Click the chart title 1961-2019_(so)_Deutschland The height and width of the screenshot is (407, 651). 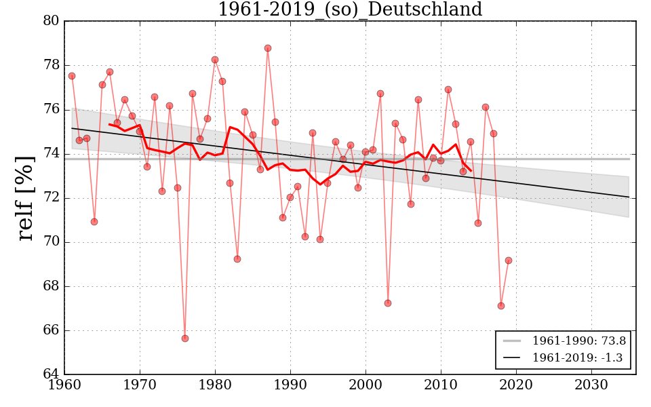point(350,10)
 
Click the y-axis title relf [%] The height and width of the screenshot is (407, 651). point(25,197)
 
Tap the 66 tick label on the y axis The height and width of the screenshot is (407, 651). point(50,330)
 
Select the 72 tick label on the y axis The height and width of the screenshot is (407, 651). point(50,198)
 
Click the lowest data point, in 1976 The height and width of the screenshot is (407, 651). point(185,338)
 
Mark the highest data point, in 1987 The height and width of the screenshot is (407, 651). point(268,48)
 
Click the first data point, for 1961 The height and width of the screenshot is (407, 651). point(72,76)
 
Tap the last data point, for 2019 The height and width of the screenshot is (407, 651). point(509,260)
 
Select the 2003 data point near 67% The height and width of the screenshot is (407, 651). point(388,303)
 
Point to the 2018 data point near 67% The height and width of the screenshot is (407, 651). point(501,306)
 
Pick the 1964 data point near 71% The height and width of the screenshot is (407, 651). point(94,222)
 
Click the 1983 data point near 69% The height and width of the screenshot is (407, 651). point(237,259)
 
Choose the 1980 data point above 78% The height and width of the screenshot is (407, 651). point(215,60)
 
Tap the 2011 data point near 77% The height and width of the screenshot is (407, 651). point(448,90)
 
